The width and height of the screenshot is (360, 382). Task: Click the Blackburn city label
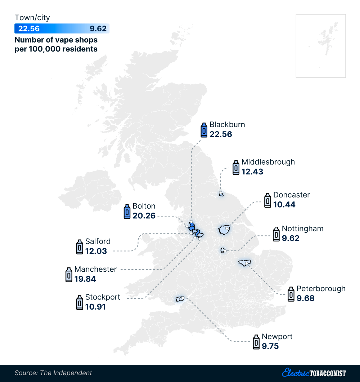click(227, 125)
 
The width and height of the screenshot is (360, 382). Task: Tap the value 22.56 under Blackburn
click(221, 134)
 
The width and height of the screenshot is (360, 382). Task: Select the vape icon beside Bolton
click(126, 212)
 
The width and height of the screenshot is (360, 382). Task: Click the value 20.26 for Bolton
click(144, 216)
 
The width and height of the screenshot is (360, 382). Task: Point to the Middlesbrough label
click(268, 162)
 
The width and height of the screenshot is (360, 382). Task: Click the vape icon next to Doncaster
click(267, 200)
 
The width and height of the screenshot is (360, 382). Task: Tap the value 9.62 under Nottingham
click(291, 238)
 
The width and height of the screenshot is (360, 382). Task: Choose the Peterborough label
click(321, 289)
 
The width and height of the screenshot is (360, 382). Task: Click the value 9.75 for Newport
click(270, 346)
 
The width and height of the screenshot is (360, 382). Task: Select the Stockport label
click(103, 297)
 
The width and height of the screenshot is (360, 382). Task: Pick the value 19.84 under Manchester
click(85, 279)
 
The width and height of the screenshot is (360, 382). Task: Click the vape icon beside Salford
click(80, 247)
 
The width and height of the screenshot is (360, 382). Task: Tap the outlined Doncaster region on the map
click(224, 229)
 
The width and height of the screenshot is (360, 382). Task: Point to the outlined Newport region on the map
click(179, 299)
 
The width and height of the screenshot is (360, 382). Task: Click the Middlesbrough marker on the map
click(221, 194)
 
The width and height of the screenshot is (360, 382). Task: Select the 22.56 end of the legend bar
click(29, 29)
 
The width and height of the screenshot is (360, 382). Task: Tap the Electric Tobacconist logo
click(314, 373)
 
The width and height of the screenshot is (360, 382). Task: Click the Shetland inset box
click(320, 46)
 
